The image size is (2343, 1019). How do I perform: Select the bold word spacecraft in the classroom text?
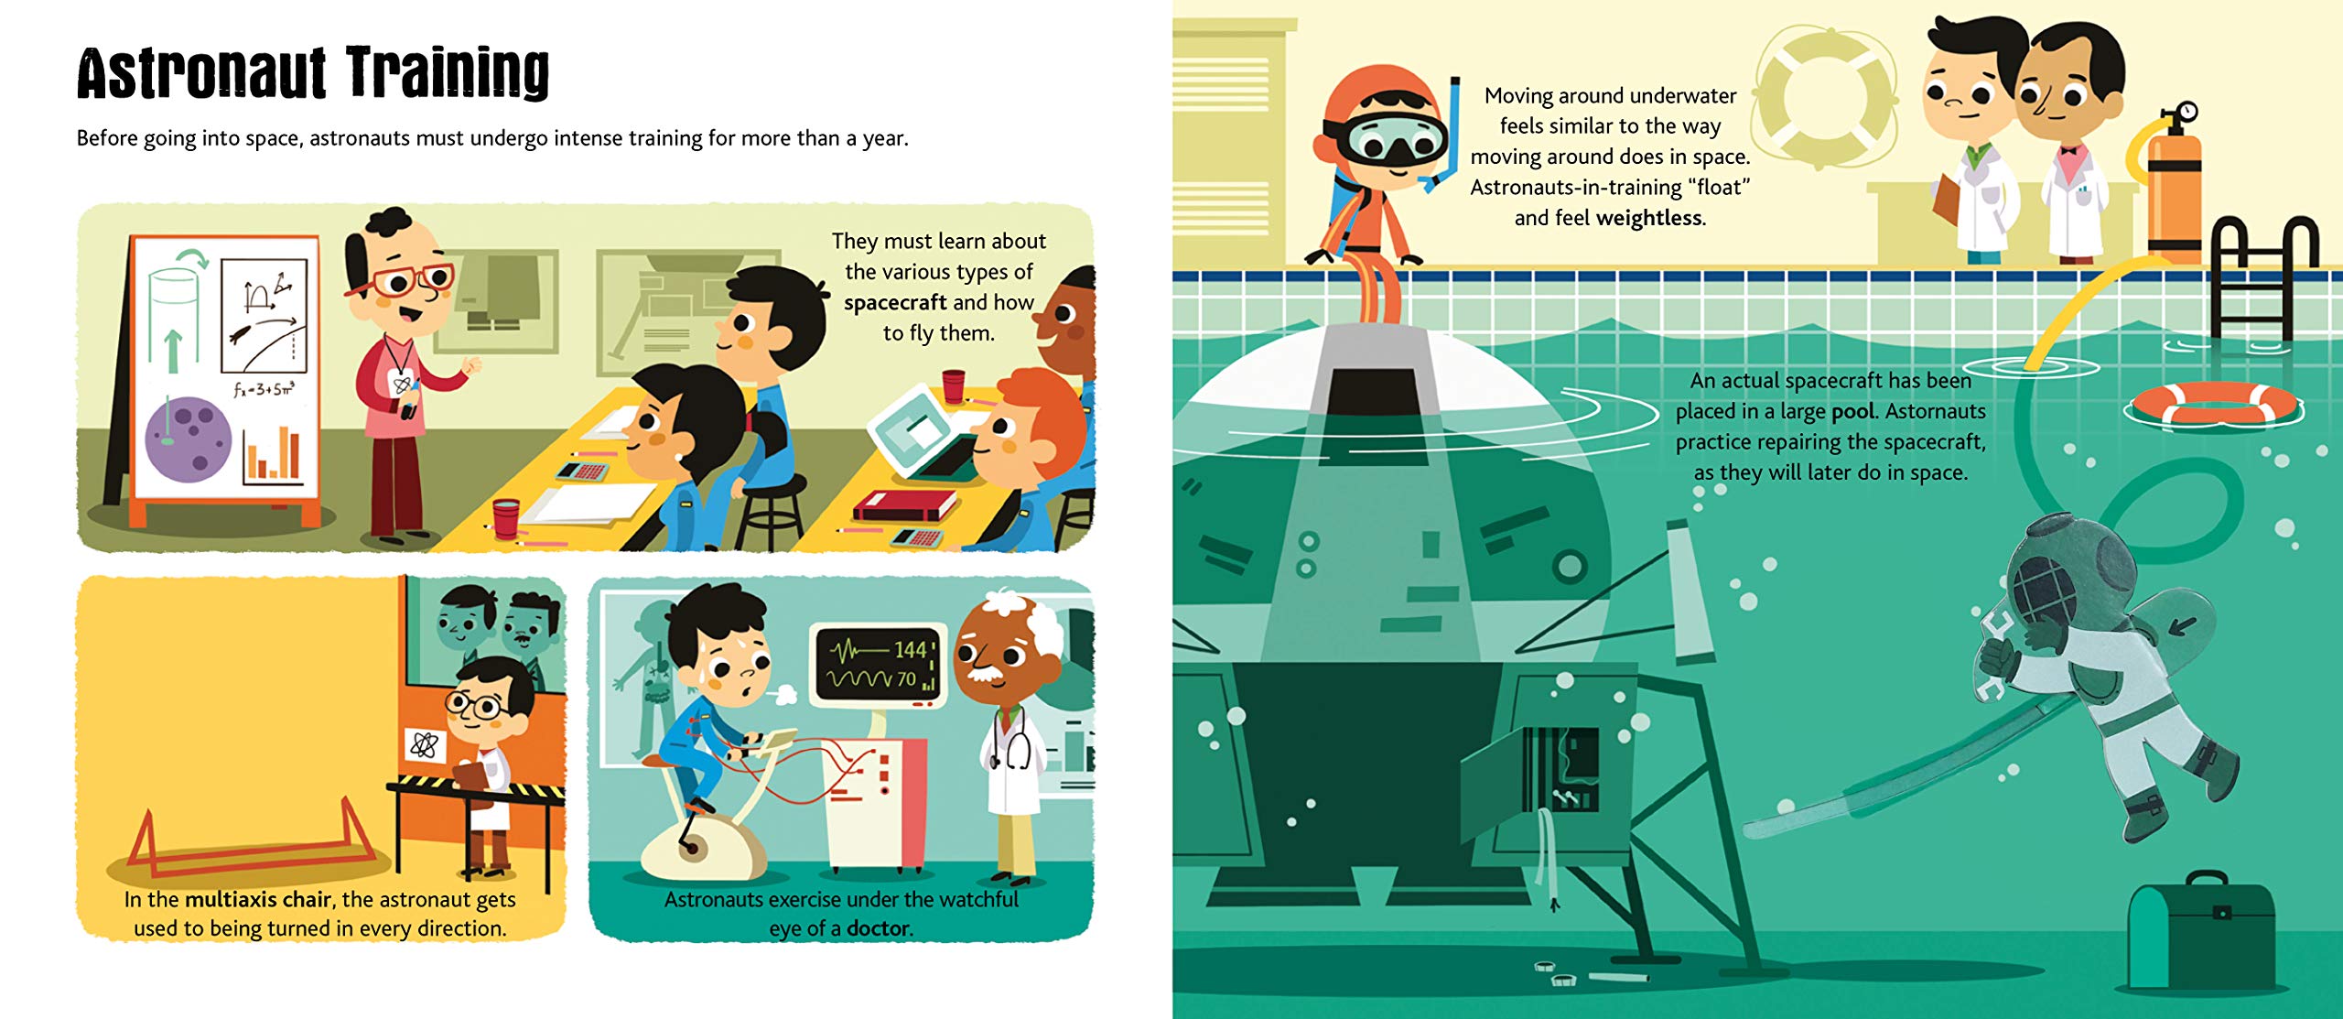[x=895, y=303]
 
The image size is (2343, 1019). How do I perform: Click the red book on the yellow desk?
[x=904, y=505]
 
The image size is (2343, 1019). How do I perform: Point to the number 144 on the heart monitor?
[x=911, y=649]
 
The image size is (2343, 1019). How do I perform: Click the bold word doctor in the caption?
[x=879, y=928]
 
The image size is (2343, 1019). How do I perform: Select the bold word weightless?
[x=1649, y=218]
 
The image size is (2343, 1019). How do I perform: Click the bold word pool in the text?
[x=1852, y=412]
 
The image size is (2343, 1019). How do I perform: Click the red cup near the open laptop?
[x=954, y=385]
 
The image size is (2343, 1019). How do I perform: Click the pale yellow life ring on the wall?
[x=1825, y=95]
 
